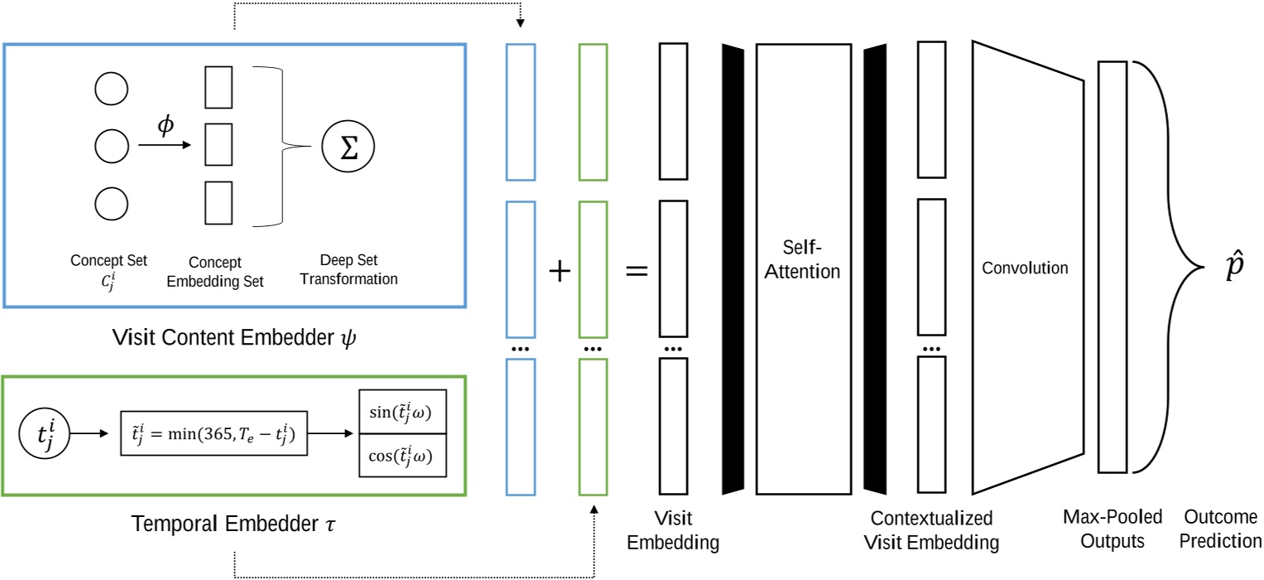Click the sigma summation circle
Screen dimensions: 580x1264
click(348, 148)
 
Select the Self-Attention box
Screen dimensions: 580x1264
click(803, 269)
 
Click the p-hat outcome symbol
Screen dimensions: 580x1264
click(1233, 269)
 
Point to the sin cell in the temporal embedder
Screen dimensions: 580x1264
click(402, 411)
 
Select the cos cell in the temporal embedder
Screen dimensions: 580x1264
click(402, 456)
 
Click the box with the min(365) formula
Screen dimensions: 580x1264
click(214, 433)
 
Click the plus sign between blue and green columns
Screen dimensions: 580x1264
click(560, 271)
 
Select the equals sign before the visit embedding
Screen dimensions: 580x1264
click(635, 271)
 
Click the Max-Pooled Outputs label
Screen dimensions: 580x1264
click(1112, 529)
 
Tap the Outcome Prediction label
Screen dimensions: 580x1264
click(1220, 529)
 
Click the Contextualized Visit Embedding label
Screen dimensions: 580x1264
click(931, 531)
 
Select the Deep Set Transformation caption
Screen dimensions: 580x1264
click(348, 270)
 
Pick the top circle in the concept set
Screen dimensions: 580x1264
click(112, 89)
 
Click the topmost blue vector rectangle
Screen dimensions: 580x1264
click(521, 112)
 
